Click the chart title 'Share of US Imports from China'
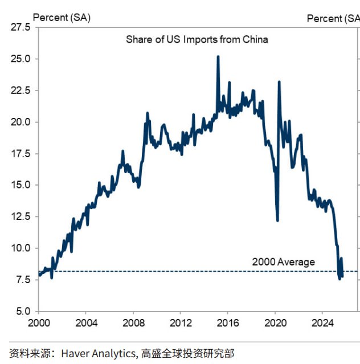click(x=197, y=40)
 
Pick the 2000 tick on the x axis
click(x=38, y=322)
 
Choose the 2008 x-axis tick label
click(x=133, y=322)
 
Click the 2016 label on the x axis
click(x=227, y=322)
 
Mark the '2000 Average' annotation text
click(x=283, y=262)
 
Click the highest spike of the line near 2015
click(x=218, y=56)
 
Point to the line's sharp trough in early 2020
click(x=277, y=220)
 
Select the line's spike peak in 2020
click(x=279, y=82)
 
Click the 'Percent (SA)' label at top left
click(x=62, y=18)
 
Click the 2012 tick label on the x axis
click(x=180, y=322)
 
